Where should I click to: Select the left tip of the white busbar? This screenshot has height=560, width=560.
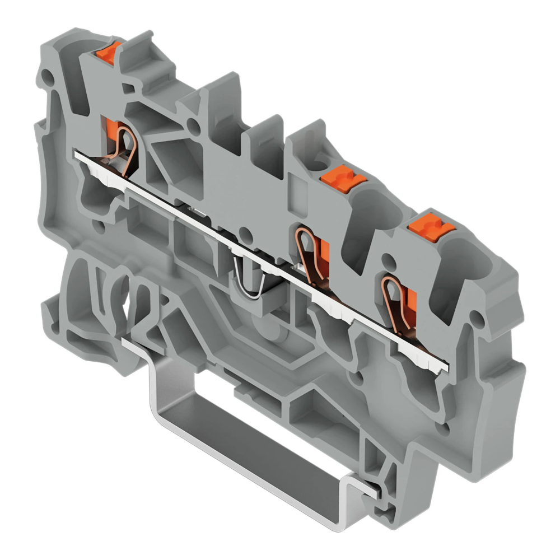(x=77, y=152)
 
